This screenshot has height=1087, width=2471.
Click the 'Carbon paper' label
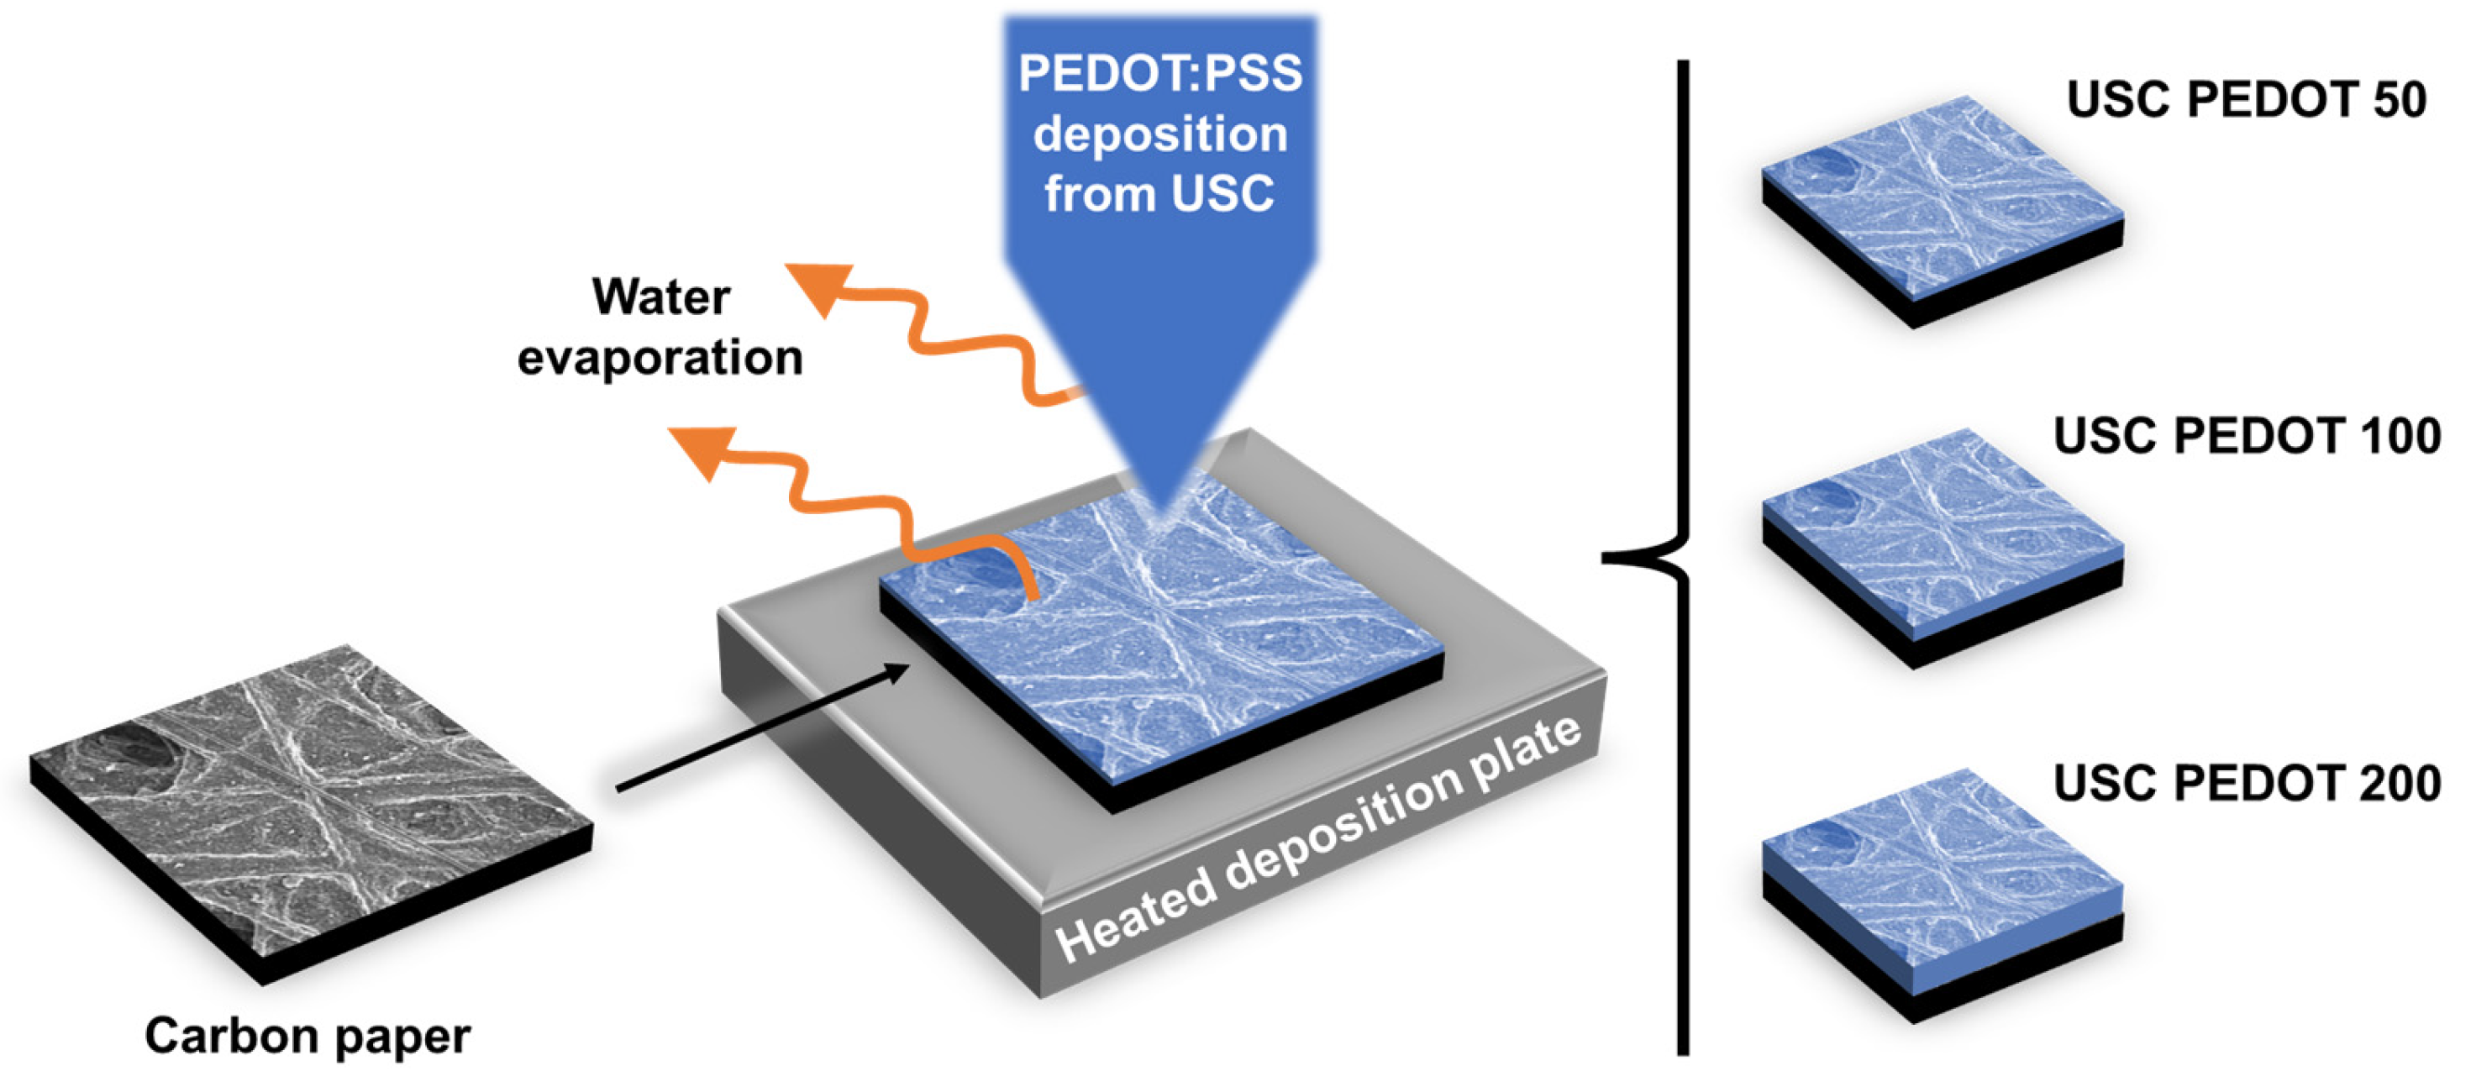pyautogui.click(x=307, y=1036)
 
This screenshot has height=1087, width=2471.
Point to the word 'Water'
pyautogui.click(x=661, y=297)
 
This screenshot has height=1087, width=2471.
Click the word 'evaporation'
pyautogui.click(x=660, y=358)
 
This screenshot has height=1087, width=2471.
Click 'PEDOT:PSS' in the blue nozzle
pyautogui.click(x=1159, y=73)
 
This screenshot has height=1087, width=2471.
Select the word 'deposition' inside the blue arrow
pyautogui.click(x=1159, y=134)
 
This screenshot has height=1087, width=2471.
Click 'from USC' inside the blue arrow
pyautogui.click(x=1159, y=194)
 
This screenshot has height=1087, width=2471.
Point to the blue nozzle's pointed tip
pyautogui.click(x=1163, y=508)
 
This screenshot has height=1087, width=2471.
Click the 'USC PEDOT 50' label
pyautogui.click(x=2247, y=100)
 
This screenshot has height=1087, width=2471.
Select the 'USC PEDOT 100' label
pyautogui.click(x=2247, y=437)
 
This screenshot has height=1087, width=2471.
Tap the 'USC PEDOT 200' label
pyautogui.click(x=2247, y=783)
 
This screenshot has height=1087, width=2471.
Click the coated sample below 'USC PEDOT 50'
pyautogui.click(x=1943, y=207)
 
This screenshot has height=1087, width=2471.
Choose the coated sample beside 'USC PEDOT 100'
pyautogui.click(x=1943, y=542)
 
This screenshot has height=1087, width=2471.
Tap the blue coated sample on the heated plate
pyautogui.click(x=1160, y=643)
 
